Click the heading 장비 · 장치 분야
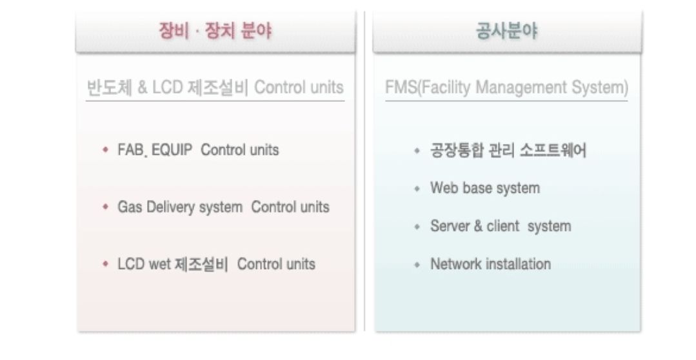coord(215,31)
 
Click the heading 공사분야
coord(506,31)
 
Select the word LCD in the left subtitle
coord(167,88)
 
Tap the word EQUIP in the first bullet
coord(172,150)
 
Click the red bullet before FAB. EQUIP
coord(105,150)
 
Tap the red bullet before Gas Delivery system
coord(105,207)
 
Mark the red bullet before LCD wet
coord(105,264)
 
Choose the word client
coord(503,226)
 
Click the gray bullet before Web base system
coord(417,188)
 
